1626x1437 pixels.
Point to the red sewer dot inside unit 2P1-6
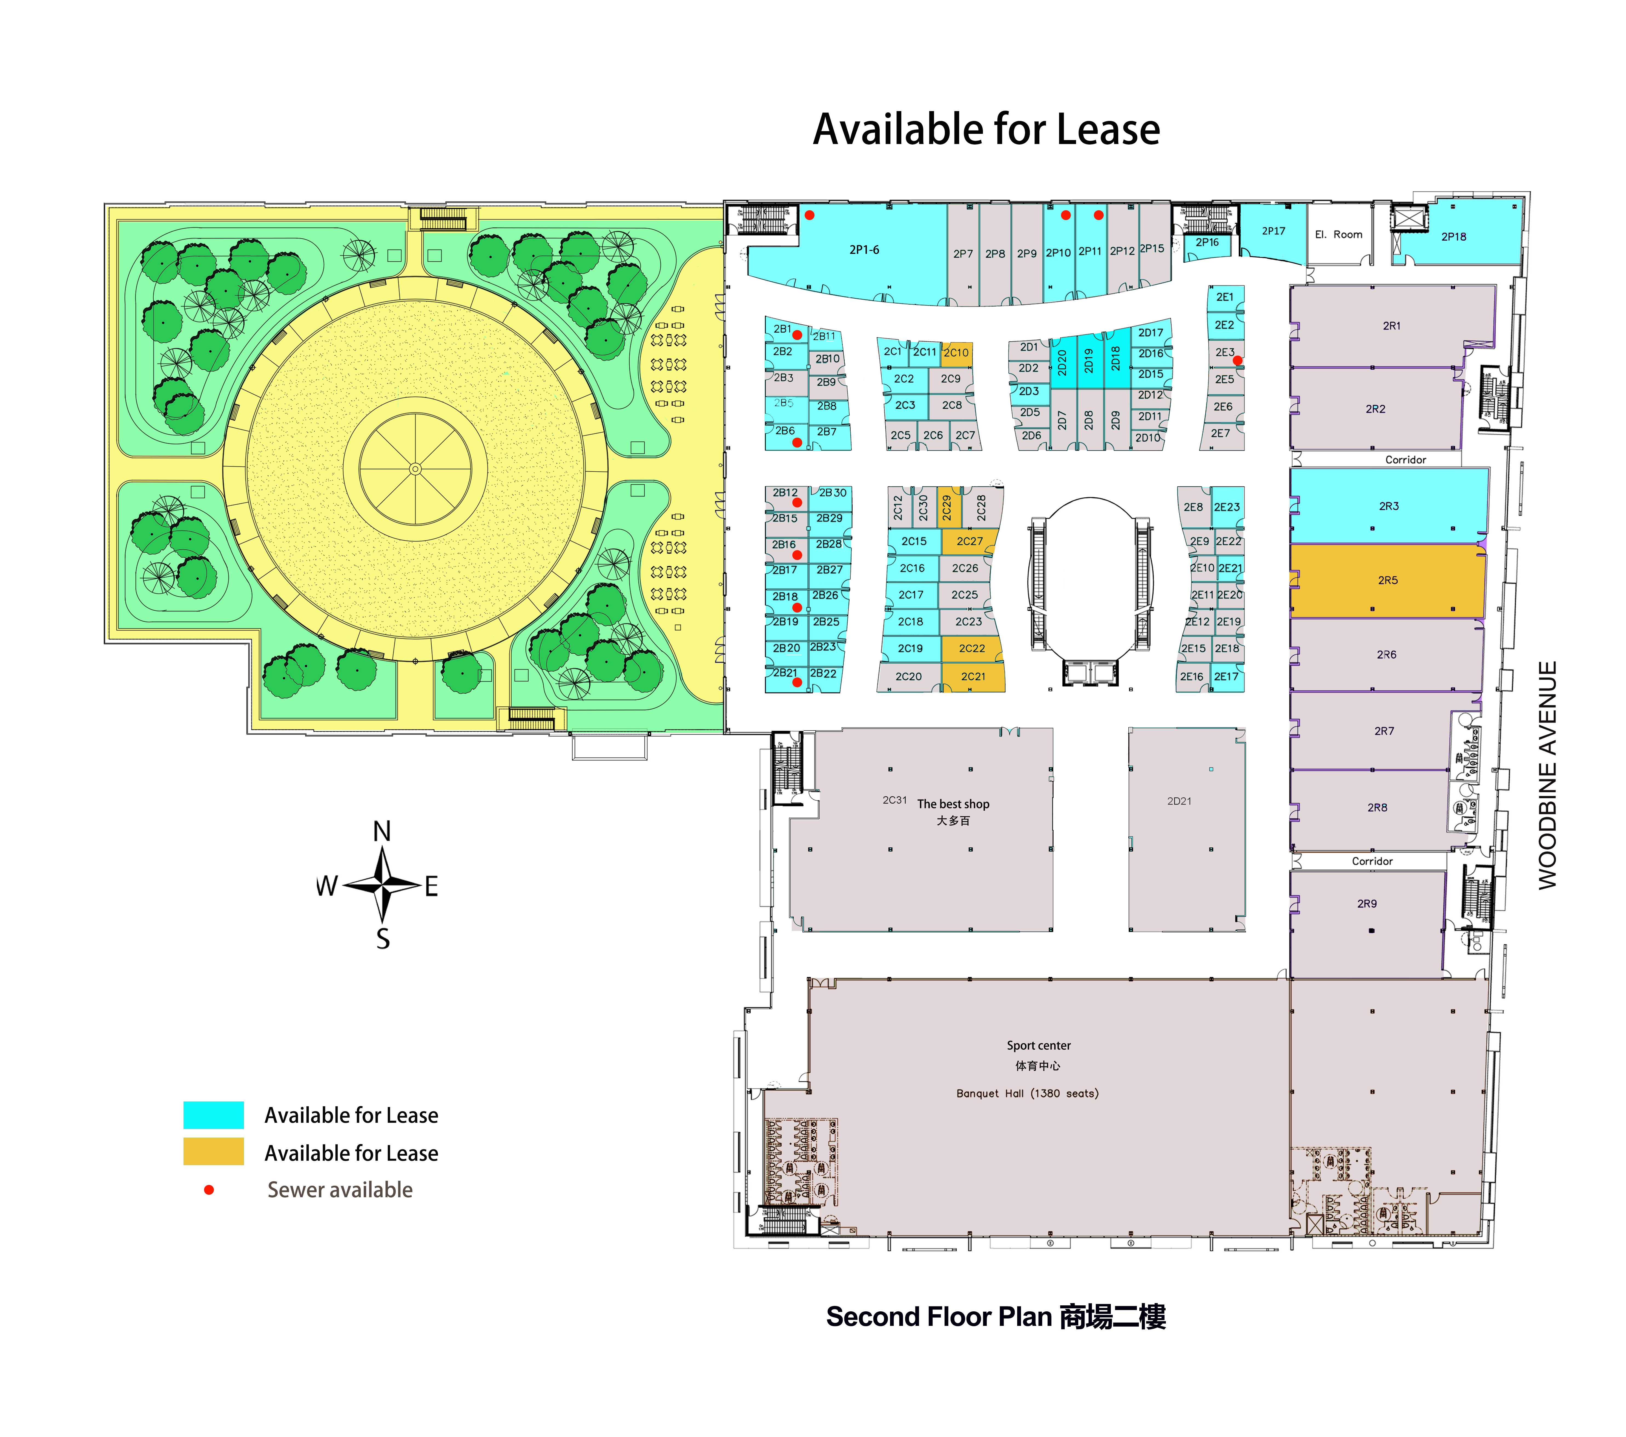click(809, 215)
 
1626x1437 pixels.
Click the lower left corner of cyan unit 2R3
click(1290, 543)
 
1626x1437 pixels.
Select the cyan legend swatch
click(213, 1115)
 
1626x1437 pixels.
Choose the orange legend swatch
click(213, 1152)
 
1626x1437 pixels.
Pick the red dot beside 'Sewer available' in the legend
click(208, 1190)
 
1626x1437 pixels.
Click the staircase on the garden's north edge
click(443, 219)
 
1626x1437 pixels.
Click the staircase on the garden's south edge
click(531, 719)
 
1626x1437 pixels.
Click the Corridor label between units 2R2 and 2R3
click(1406, 460)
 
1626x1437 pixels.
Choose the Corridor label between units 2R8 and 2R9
click(1372, 861)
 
